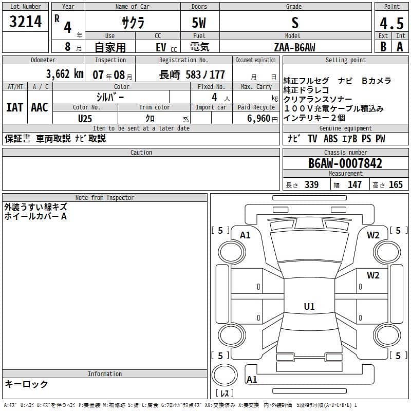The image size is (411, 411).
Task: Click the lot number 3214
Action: (25, 22)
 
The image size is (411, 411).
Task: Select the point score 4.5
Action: (391, 24)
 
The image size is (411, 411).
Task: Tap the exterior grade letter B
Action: (383, 47)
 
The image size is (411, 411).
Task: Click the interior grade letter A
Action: (400, 47)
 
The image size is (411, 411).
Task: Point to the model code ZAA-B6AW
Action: (294, 47)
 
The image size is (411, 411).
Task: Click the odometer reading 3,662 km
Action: (65, 74)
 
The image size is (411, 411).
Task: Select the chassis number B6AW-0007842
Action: (345, 163)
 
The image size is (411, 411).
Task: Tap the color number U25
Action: (85, 119)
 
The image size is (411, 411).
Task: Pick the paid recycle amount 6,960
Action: (258, 119)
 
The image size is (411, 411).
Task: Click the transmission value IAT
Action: (15, 107)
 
